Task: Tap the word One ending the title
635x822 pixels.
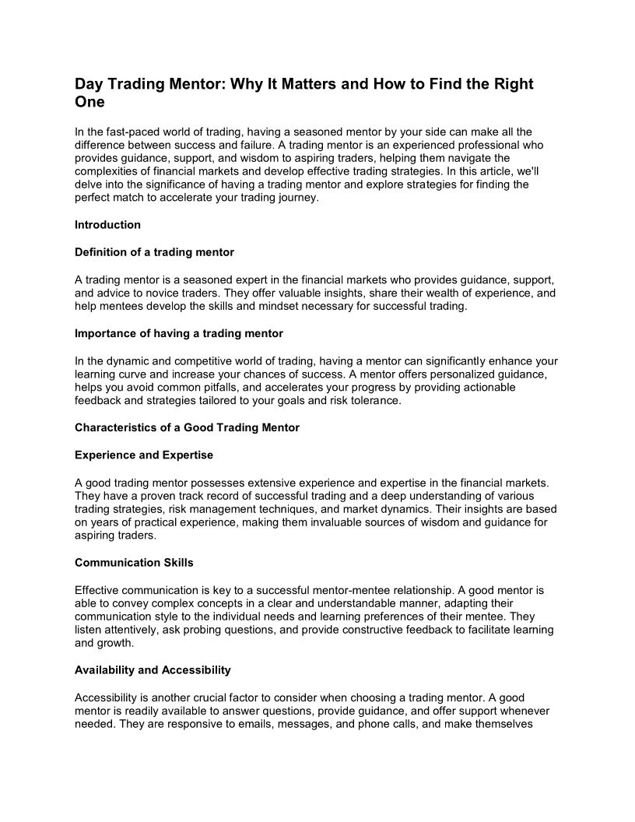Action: coord(89,102)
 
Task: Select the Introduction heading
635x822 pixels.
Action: coord(107,225)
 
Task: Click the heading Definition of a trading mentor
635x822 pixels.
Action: coord(154,252)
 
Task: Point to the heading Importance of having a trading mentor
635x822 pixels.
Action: coord(179,333)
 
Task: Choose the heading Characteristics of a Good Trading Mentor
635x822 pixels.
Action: coord(187,427)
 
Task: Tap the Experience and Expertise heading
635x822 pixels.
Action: coord(144,455)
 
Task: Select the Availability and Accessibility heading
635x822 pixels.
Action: coord(153,669)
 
